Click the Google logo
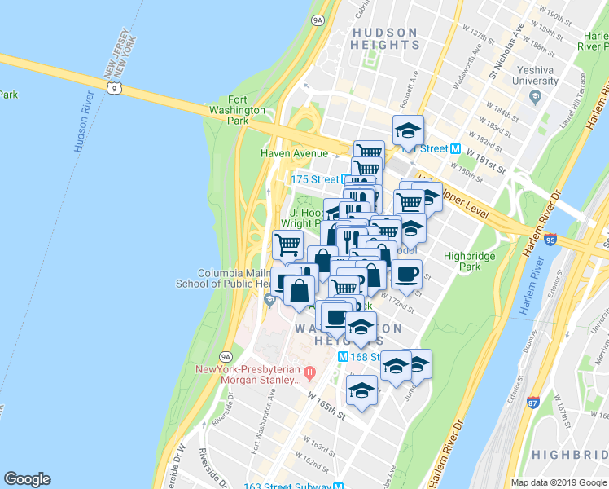click(27, 479)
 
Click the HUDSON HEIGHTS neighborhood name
click(384, 40)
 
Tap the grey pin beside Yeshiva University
click(535, 97)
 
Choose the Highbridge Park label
click(463, 261)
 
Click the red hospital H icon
click(308, 374)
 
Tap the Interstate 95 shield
click(551, 240)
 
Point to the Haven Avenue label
click(293, 152)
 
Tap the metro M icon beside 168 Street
click(343, 357)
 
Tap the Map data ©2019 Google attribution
click(559, 482)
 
